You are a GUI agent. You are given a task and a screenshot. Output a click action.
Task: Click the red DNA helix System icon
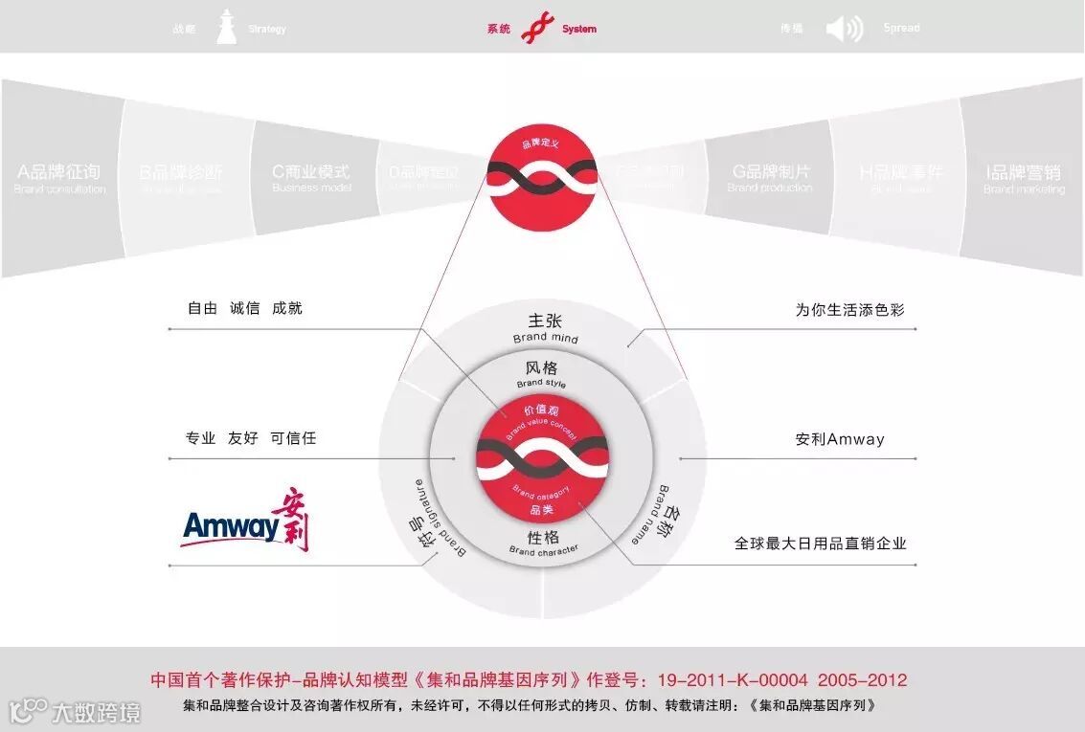(x=537, y=29)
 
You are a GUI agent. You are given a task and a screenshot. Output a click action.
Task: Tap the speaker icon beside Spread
(x=844, y=29)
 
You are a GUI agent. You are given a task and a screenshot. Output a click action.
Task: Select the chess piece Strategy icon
(x=226, y=28)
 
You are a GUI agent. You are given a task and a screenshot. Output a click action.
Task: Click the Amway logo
(x=245, y=522)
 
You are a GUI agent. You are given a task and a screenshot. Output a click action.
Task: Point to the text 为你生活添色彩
(x=849, y=310)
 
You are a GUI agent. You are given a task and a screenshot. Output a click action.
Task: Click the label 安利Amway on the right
(x=840, y=439)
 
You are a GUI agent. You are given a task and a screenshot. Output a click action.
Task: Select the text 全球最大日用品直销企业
(x=820, y=543)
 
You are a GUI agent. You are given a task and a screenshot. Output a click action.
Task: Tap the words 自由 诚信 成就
(x=244, y=308)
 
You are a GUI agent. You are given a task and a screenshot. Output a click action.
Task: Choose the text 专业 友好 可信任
(x=250, y=438)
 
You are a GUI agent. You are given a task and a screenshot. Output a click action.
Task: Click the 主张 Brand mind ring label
(x=543, y=326)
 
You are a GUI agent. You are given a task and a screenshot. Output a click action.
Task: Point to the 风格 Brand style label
(x=542, y=373)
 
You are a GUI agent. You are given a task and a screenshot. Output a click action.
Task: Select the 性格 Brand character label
(x=543, y=542)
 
